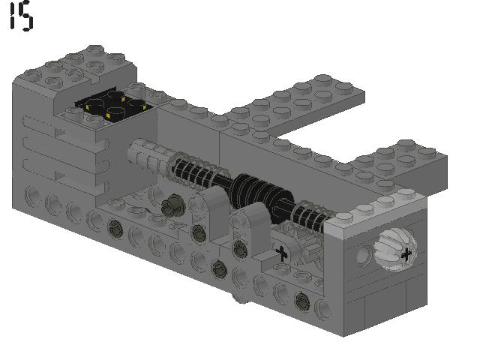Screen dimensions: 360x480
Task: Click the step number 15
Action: click(21, 16)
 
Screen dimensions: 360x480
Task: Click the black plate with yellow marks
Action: click(112, 108)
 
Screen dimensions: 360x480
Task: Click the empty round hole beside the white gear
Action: click(363, 256)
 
